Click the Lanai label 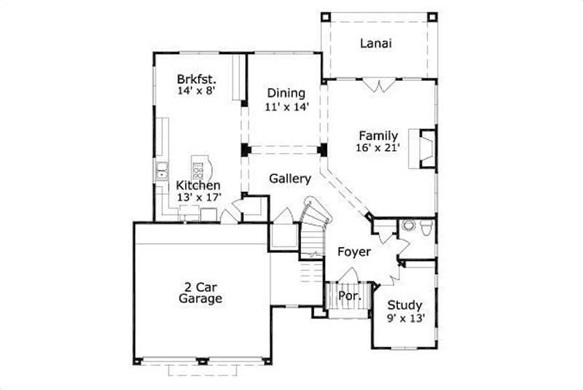click(x=376, y=43)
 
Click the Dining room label click(x=286, y=93)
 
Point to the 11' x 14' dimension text click(x=286, y=106)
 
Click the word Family click(x=378, y=136)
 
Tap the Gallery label click(x=290, y=179)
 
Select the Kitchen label click(x=198, y=187)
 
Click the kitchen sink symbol click(x=160, y=173)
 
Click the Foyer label click(x=354, y=252)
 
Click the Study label click(x=404, y=305)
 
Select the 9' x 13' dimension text click(x=405, y=318)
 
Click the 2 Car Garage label click(x=200, y=292)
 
